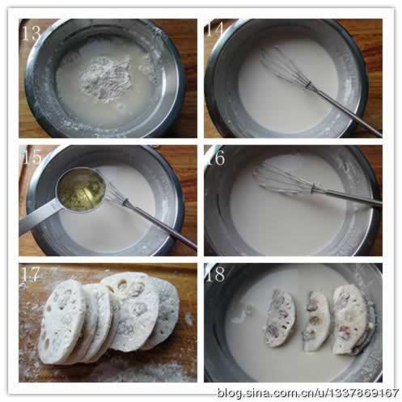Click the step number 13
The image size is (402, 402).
tap(32, 33)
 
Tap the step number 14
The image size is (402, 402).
tap(214, 29)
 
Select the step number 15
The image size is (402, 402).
tap(32, 157)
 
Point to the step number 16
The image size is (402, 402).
tap(216, 158)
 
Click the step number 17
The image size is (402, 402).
tap(31, 273)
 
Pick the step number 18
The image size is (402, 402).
tap(215, 273)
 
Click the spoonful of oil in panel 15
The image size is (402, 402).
tap(82, 187)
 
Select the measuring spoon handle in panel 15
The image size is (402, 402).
tap(38, 221)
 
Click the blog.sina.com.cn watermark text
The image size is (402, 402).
tap(308, 392)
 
